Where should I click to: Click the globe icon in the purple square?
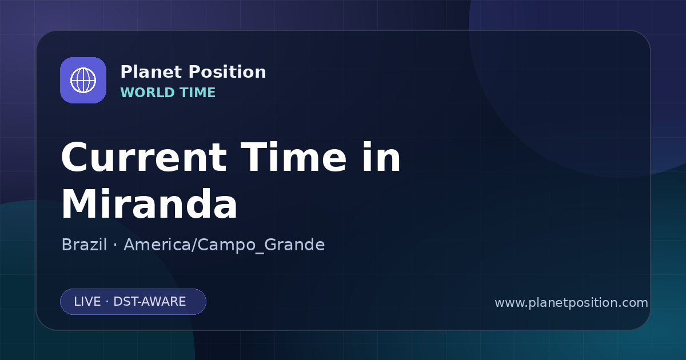[x=83, y=80]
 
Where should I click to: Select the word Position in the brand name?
[x=228, y=72]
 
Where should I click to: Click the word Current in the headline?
[x=144, y=157]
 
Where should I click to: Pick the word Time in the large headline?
[x=293, y=157]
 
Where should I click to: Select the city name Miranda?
[x=149, y=203]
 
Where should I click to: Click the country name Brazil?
[x=84, y=245]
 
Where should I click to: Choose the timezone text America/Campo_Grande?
[x=224, y=245]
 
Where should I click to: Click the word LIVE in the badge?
[x=87, y=302]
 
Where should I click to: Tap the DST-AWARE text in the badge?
[x=149, y=302]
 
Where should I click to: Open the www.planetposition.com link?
[x=571, y=303]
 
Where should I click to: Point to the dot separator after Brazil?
[x=115, y=245]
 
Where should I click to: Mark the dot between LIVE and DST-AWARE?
[x=107, y=302]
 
